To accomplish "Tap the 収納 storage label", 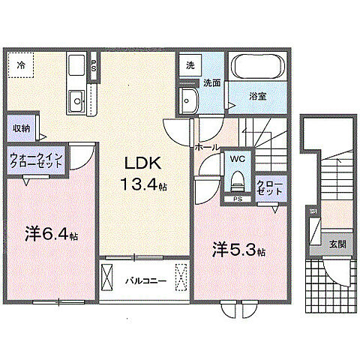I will (21, 127).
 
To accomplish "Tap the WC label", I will (237, 159).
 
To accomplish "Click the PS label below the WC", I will (237, 199).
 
